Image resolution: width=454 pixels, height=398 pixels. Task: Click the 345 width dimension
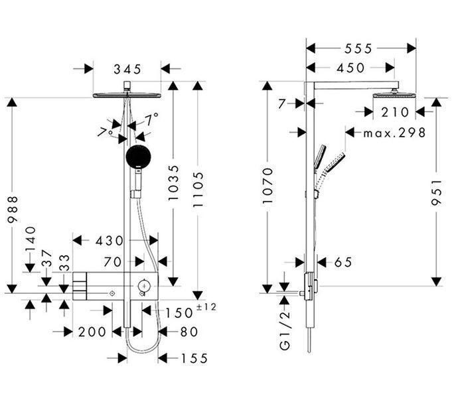[127, 70]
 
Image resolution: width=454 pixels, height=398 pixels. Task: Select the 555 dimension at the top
[358, 48]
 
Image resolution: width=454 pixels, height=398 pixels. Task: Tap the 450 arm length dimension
[350, 68]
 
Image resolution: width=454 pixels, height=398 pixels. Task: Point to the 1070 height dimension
[268, 186]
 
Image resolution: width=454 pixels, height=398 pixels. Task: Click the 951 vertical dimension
[436, 192]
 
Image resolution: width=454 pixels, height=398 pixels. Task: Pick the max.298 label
[394, 133]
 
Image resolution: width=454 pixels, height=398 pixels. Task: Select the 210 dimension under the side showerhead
[395, 112]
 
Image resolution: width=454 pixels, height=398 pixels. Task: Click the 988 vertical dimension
[13, 210]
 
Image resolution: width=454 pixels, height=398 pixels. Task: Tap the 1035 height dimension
[174, 183]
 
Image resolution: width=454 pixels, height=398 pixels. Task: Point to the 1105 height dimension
[198, 189]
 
